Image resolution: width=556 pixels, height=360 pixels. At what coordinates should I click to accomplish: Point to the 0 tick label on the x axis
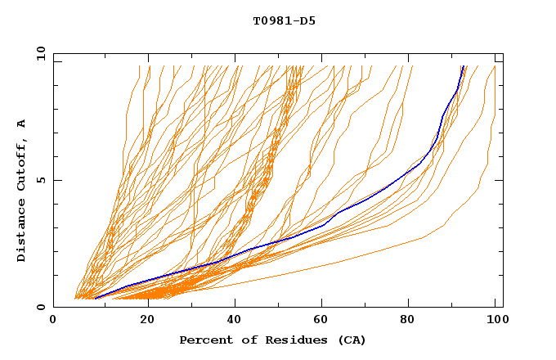click(x=53, y=322)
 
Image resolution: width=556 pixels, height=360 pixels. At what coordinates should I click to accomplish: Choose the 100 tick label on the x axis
click(x=495, y=322)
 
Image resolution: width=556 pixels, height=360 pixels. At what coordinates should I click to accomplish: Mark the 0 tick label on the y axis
click(x=41, y=308)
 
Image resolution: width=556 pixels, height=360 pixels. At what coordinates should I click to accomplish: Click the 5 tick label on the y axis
click(x=41, y=180)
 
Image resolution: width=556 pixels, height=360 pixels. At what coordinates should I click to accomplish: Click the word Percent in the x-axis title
click(x=205, y=340)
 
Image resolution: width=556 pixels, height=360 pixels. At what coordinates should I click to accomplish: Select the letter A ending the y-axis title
click(x=22, y=123)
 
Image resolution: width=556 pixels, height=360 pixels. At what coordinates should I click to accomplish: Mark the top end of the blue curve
click(x=464, y=66)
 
